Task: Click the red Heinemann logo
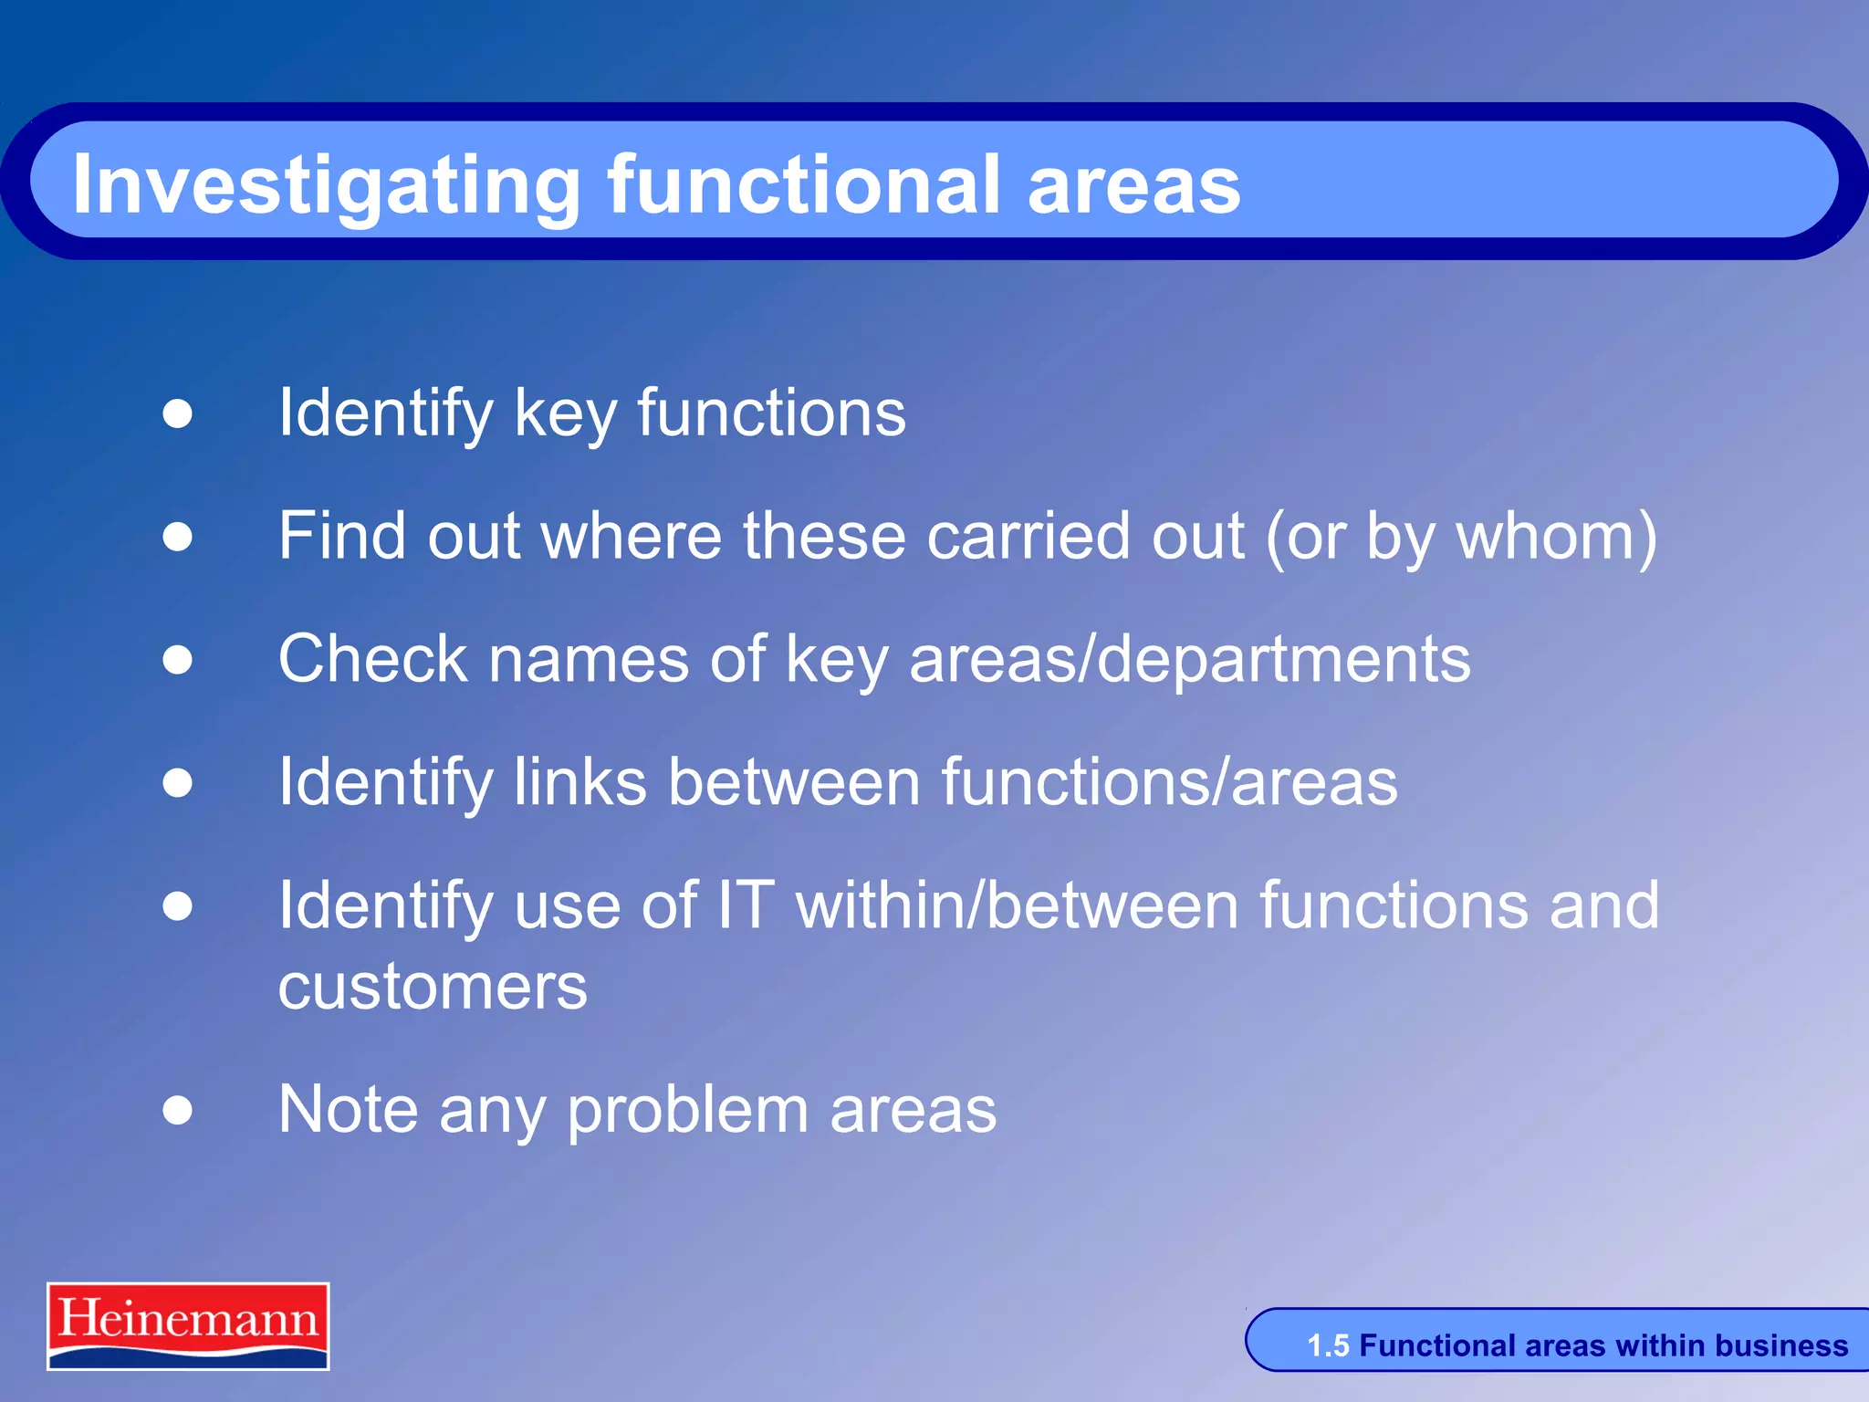pyautogui.click(x=188, y=1324)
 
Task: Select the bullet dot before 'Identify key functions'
pyautogui.click(x=178, y=413)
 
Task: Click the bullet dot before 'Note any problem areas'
pyautogui.click(x=178, y=1110)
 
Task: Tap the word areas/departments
pyautogui.click(x=1189, y=660)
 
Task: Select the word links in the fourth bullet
pyautogui.click(x=579, y=781)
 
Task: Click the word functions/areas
pyautogui.click(x=1169, y=781)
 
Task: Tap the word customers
pyautogui.click(x=433, y=987)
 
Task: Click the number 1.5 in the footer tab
pyautogui.click(x=1327, y=1345)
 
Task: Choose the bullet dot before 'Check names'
pyautogui.click(x=178, y=659)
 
